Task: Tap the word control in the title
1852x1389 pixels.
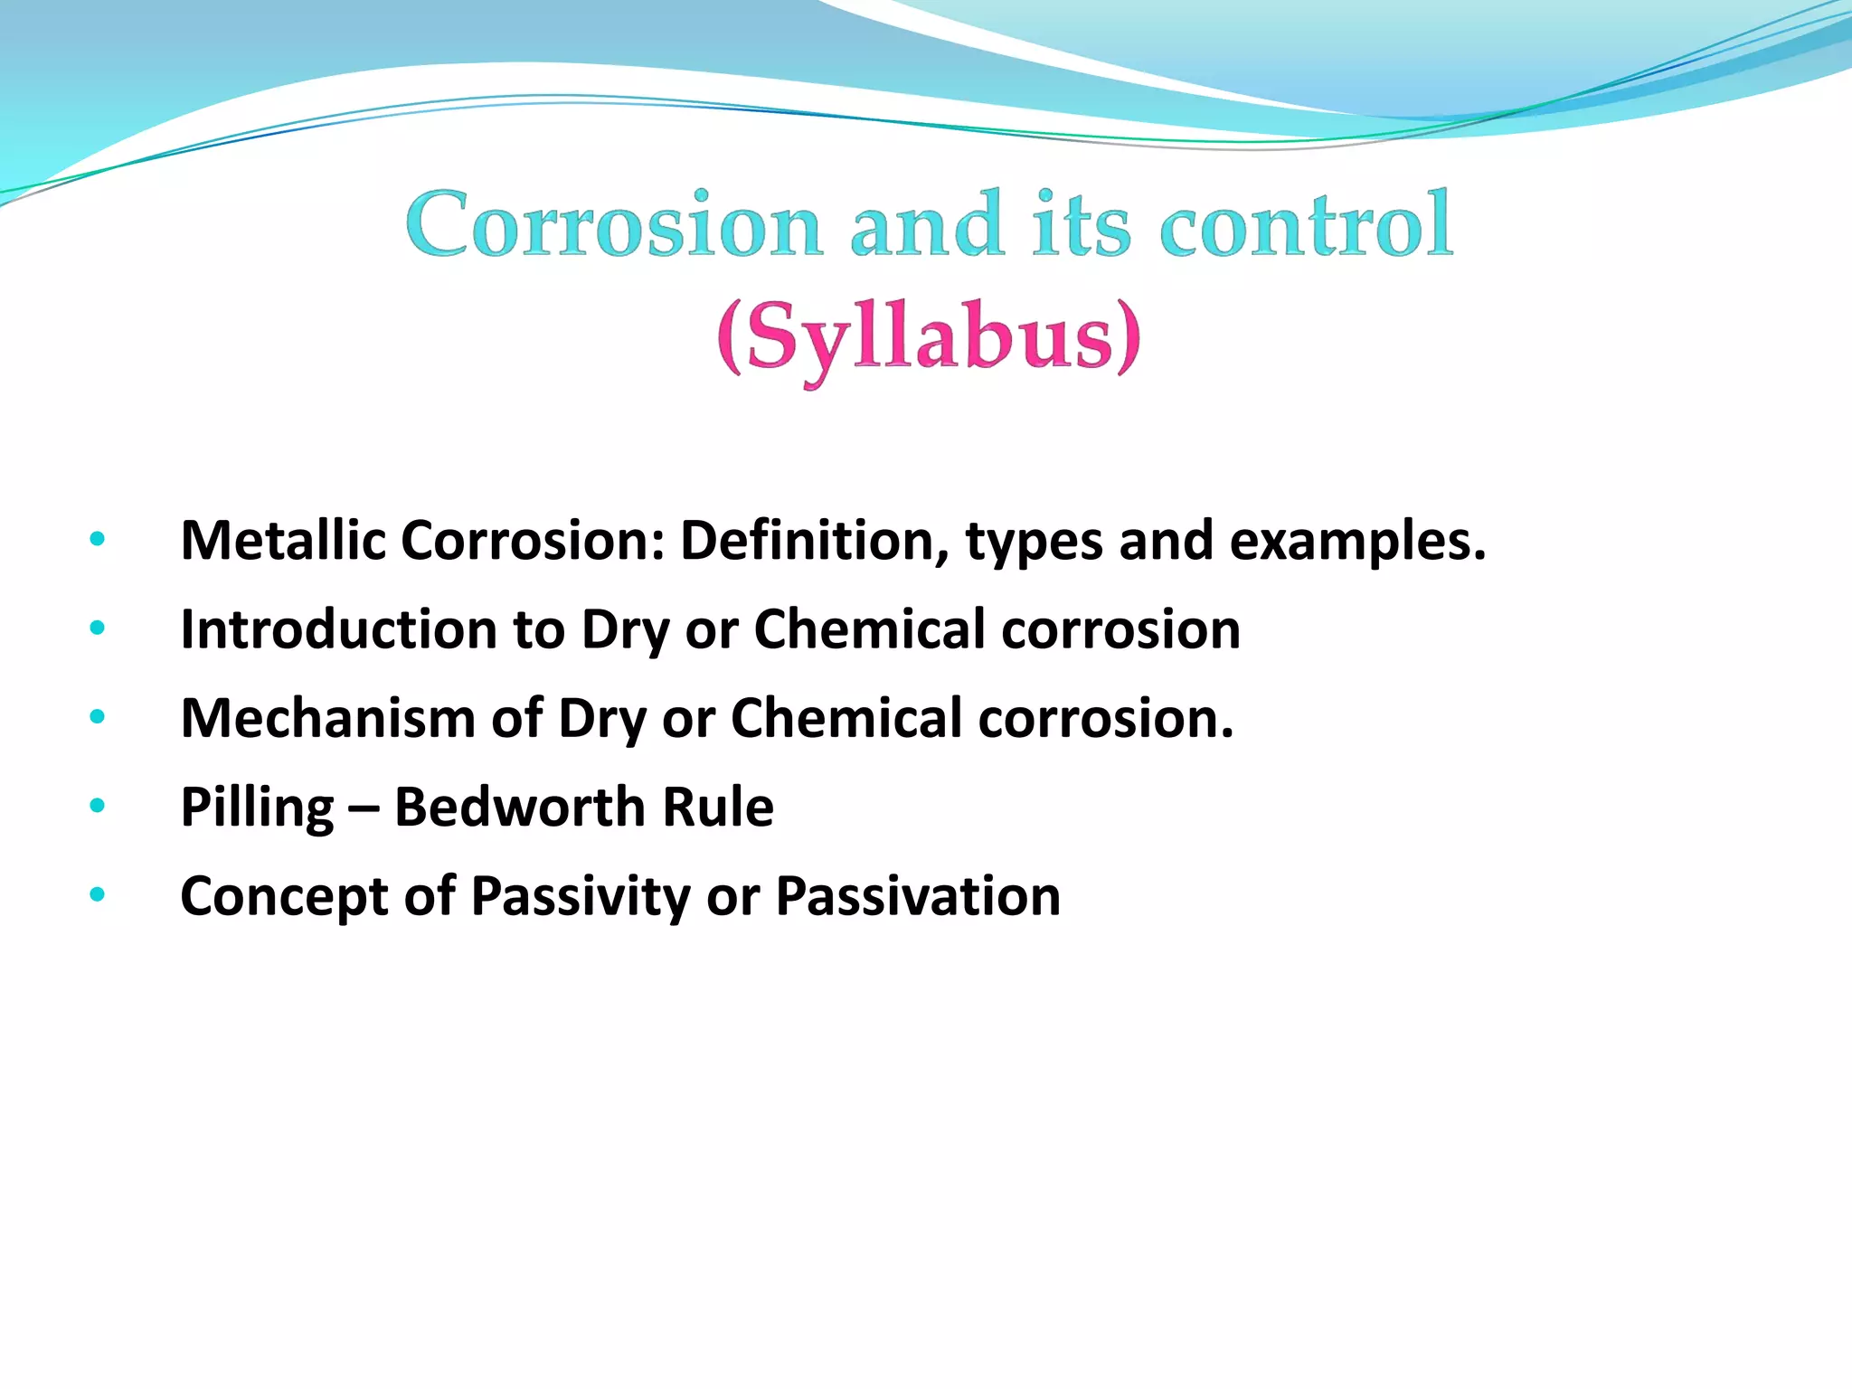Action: coord(1306,225)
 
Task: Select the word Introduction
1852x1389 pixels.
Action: coord(338,629)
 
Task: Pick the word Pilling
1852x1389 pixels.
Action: coord(257,808)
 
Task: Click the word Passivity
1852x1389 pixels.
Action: coord(580,896)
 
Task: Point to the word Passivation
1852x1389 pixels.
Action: coord(918,896)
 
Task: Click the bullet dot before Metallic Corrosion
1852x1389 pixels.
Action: coord(98,541)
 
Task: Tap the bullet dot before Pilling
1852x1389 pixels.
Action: coord(98,806)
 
